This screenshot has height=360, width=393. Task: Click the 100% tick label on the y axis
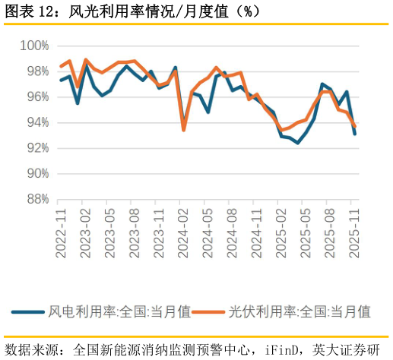click(x=34, y=46)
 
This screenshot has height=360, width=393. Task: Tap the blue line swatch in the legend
click(x=29, y=311)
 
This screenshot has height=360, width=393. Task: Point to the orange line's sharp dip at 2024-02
click(x=184, y=130)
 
